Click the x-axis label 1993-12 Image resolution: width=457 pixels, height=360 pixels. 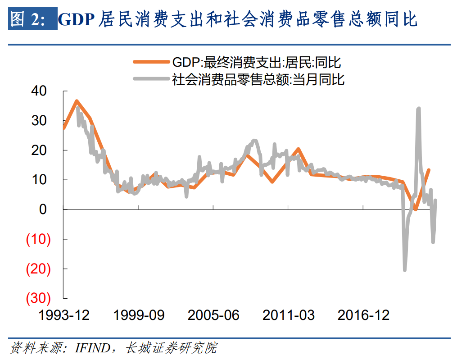pyautogui.click(x=64, y=315)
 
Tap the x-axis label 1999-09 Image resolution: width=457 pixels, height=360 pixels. pyautogui.click(x=139, y=315)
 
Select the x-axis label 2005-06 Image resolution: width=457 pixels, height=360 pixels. pyautogui.click(x=213, y=315)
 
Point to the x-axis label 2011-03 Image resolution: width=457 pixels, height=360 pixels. pyautogui.click(x=289, y=315)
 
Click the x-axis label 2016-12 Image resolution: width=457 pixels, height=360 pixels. pyautogui.click(x=363, y=315)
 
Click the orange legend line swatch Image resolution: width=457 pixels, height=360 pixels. pyautogui.click(x=151, y=63)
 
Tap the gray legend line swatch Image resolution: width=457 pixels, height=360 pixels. pyautogui.click(x=151, y=80)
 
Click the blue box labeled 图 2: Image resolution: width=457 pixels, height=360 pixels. pyautogui.click(x=33, y=20)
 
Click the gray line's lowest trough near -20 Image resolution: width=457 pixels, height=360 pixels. pyautogui.click(x=405, y=269)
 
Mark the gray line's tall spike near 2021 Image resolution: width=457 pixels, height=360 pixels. pyautogui.click(x=419, y=109)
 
